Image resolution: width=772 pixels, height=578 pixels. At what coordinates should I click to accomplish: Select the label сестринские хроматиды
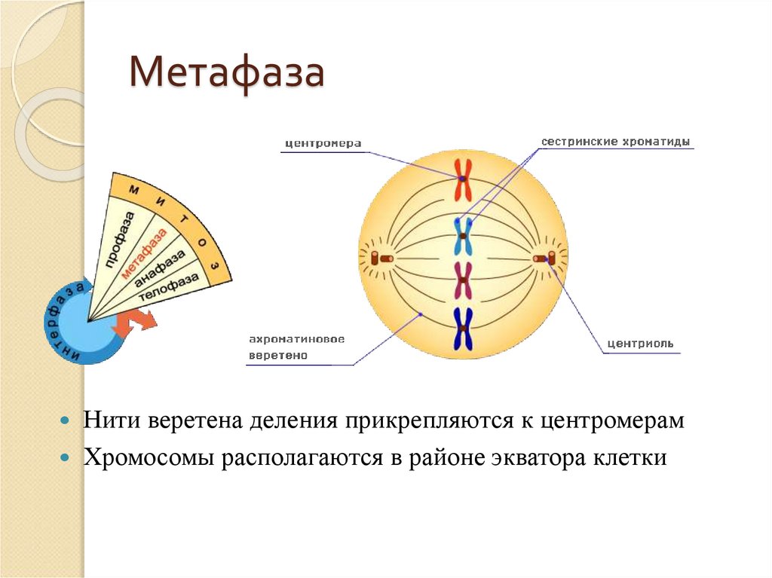coord(615,141)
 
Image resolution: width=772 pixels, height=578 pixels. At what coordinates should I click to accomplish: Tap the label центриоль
coord(641,345)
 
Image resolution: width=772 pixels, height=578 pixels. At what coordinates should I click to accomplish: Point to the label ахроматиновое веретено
coord(297,347)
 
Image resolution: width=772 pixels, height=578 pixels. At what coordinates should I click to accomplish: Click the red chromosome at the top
coord(462,179)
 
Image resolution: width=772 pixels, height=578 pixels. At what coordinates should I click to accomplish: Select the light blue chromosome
coord(463,236)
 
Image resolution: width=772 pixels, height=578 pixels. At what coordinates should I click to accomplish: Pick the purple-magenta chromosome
coord(463,280)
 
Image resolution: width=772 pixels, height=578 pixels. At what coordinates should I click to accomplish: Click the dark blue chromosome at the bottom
coord(462,329)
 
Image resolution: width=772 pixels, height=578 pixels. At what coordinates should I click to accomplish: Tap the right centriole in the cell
coord(544,258)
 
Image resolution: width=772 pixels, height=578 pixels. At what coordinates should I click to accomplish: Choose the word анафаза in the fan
coord(161,269)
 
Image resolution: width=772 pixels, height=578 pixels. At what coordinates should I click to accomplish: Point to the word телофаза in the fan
coord(173,287)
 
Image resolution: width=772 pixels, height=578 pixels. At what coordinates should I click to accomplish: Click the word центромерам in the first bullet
coord(611,421)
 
